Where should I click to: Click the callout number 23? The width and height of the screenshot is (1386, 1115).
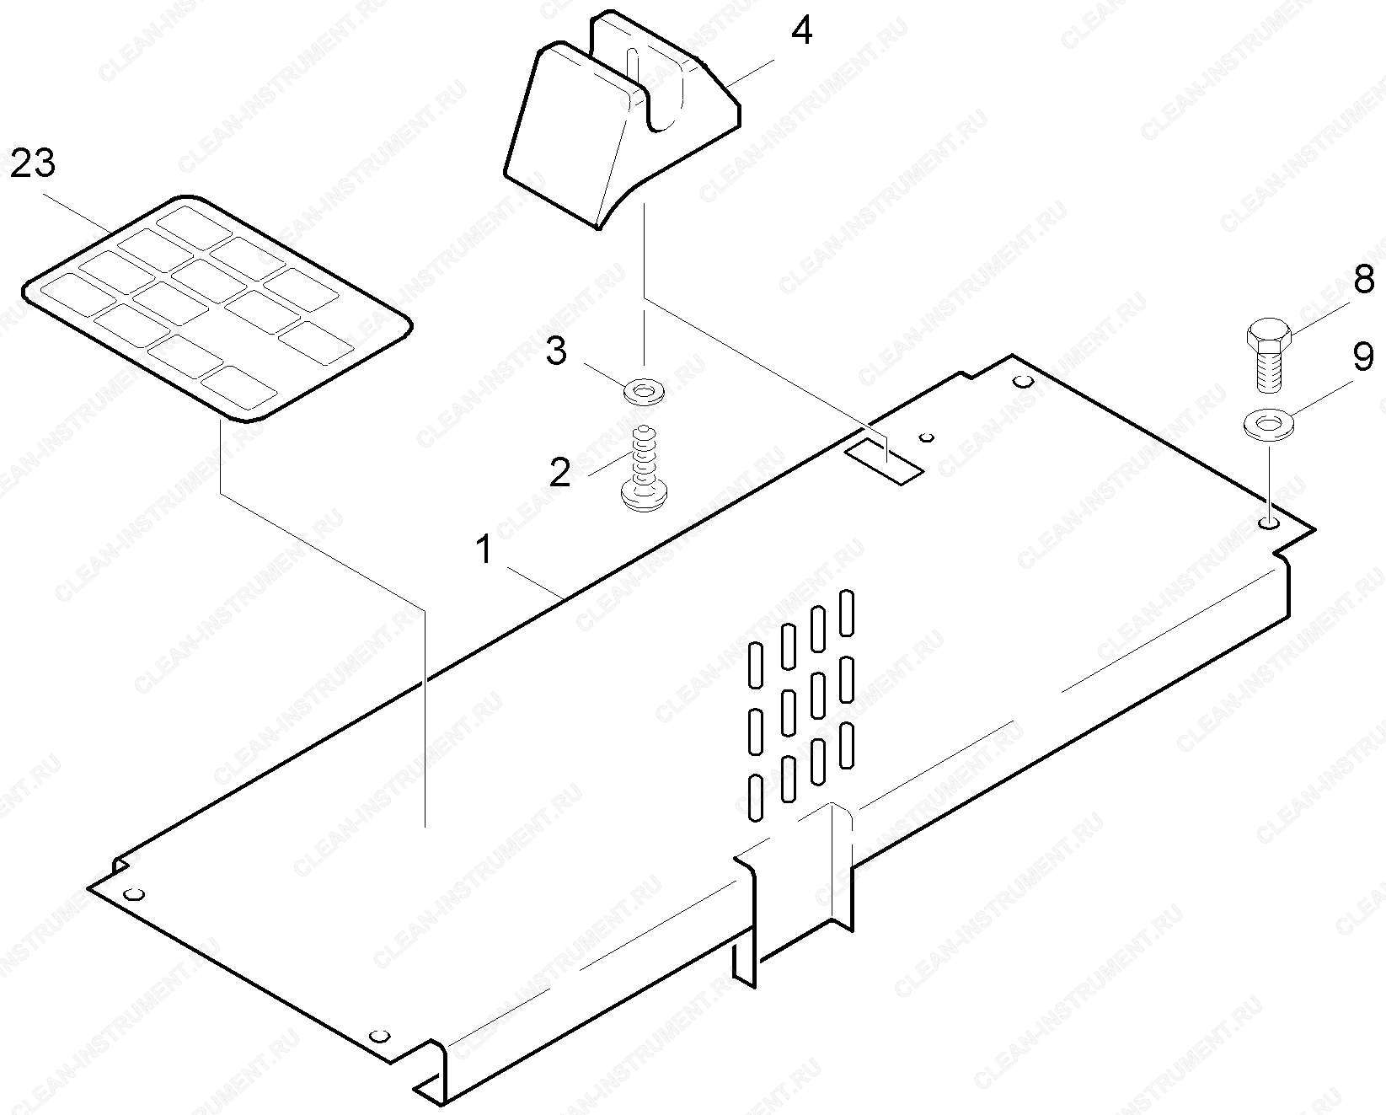tap(33, 163)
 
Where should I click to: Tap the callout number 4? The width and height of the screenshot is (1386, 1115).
tap(801, 29)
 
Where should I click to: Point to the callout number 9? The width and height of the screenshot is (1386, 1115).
tap(1363, 356)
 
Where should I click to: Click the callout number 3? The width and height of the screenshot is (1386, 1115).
tap(556, 351)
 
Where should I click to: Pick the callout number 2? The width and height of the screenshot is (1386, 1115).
tap(559, 474)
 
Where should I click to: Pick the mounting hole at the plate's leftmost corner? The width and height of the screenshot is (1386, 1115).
tap(134, 895)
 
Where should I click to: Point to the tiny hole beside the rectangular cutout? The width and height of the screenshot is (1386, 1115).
tap(928, 438)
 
